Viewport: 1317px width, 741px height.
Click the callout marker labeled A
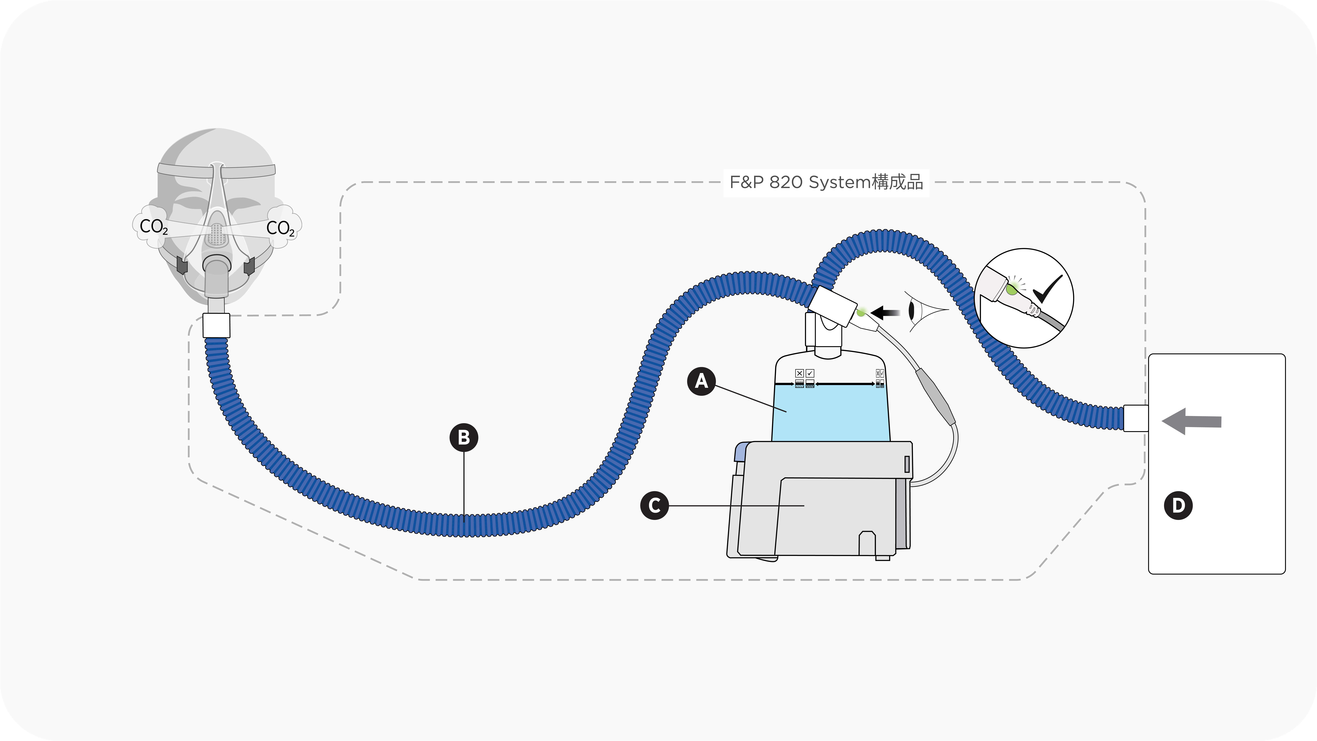point(701,381)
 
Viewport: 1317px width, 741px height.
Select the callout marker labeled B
point(464,438)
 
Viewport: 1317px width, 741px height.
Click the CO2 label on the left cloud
point(153,227)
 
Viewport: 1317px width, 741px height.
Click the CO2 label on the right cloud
point(280,228)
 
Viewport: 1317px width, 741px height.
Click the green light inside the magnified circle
point(1011,290)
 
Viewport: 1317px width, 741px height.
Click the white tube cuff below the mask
point(216,325)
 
